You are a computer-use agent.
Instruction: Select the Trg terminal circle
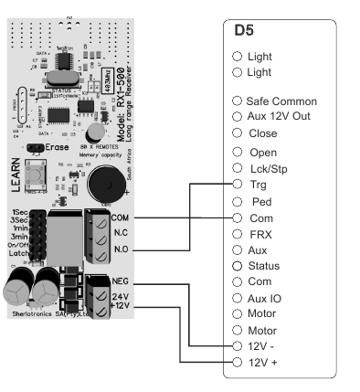pos(238,185)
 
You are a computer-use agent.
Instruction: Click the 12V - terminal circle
pos(238,346)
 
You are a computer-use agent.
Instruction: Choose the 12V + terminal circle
pos(238,363)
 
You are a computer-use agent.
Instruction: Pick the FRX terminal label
pos(260,234)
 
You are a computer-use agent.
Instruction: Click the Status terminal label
pos(264,266)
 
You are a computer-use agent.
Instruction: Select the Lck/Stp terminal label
pos(269,168)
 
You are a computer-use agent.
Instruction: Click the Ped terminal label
pos(259,201)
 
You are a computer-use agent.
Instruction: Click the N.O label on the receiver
pos(122,249)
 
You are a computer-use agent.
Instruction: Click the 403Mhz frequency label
pos(110,81)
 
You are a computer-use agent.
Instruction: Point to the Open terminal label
pos(262,152)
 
